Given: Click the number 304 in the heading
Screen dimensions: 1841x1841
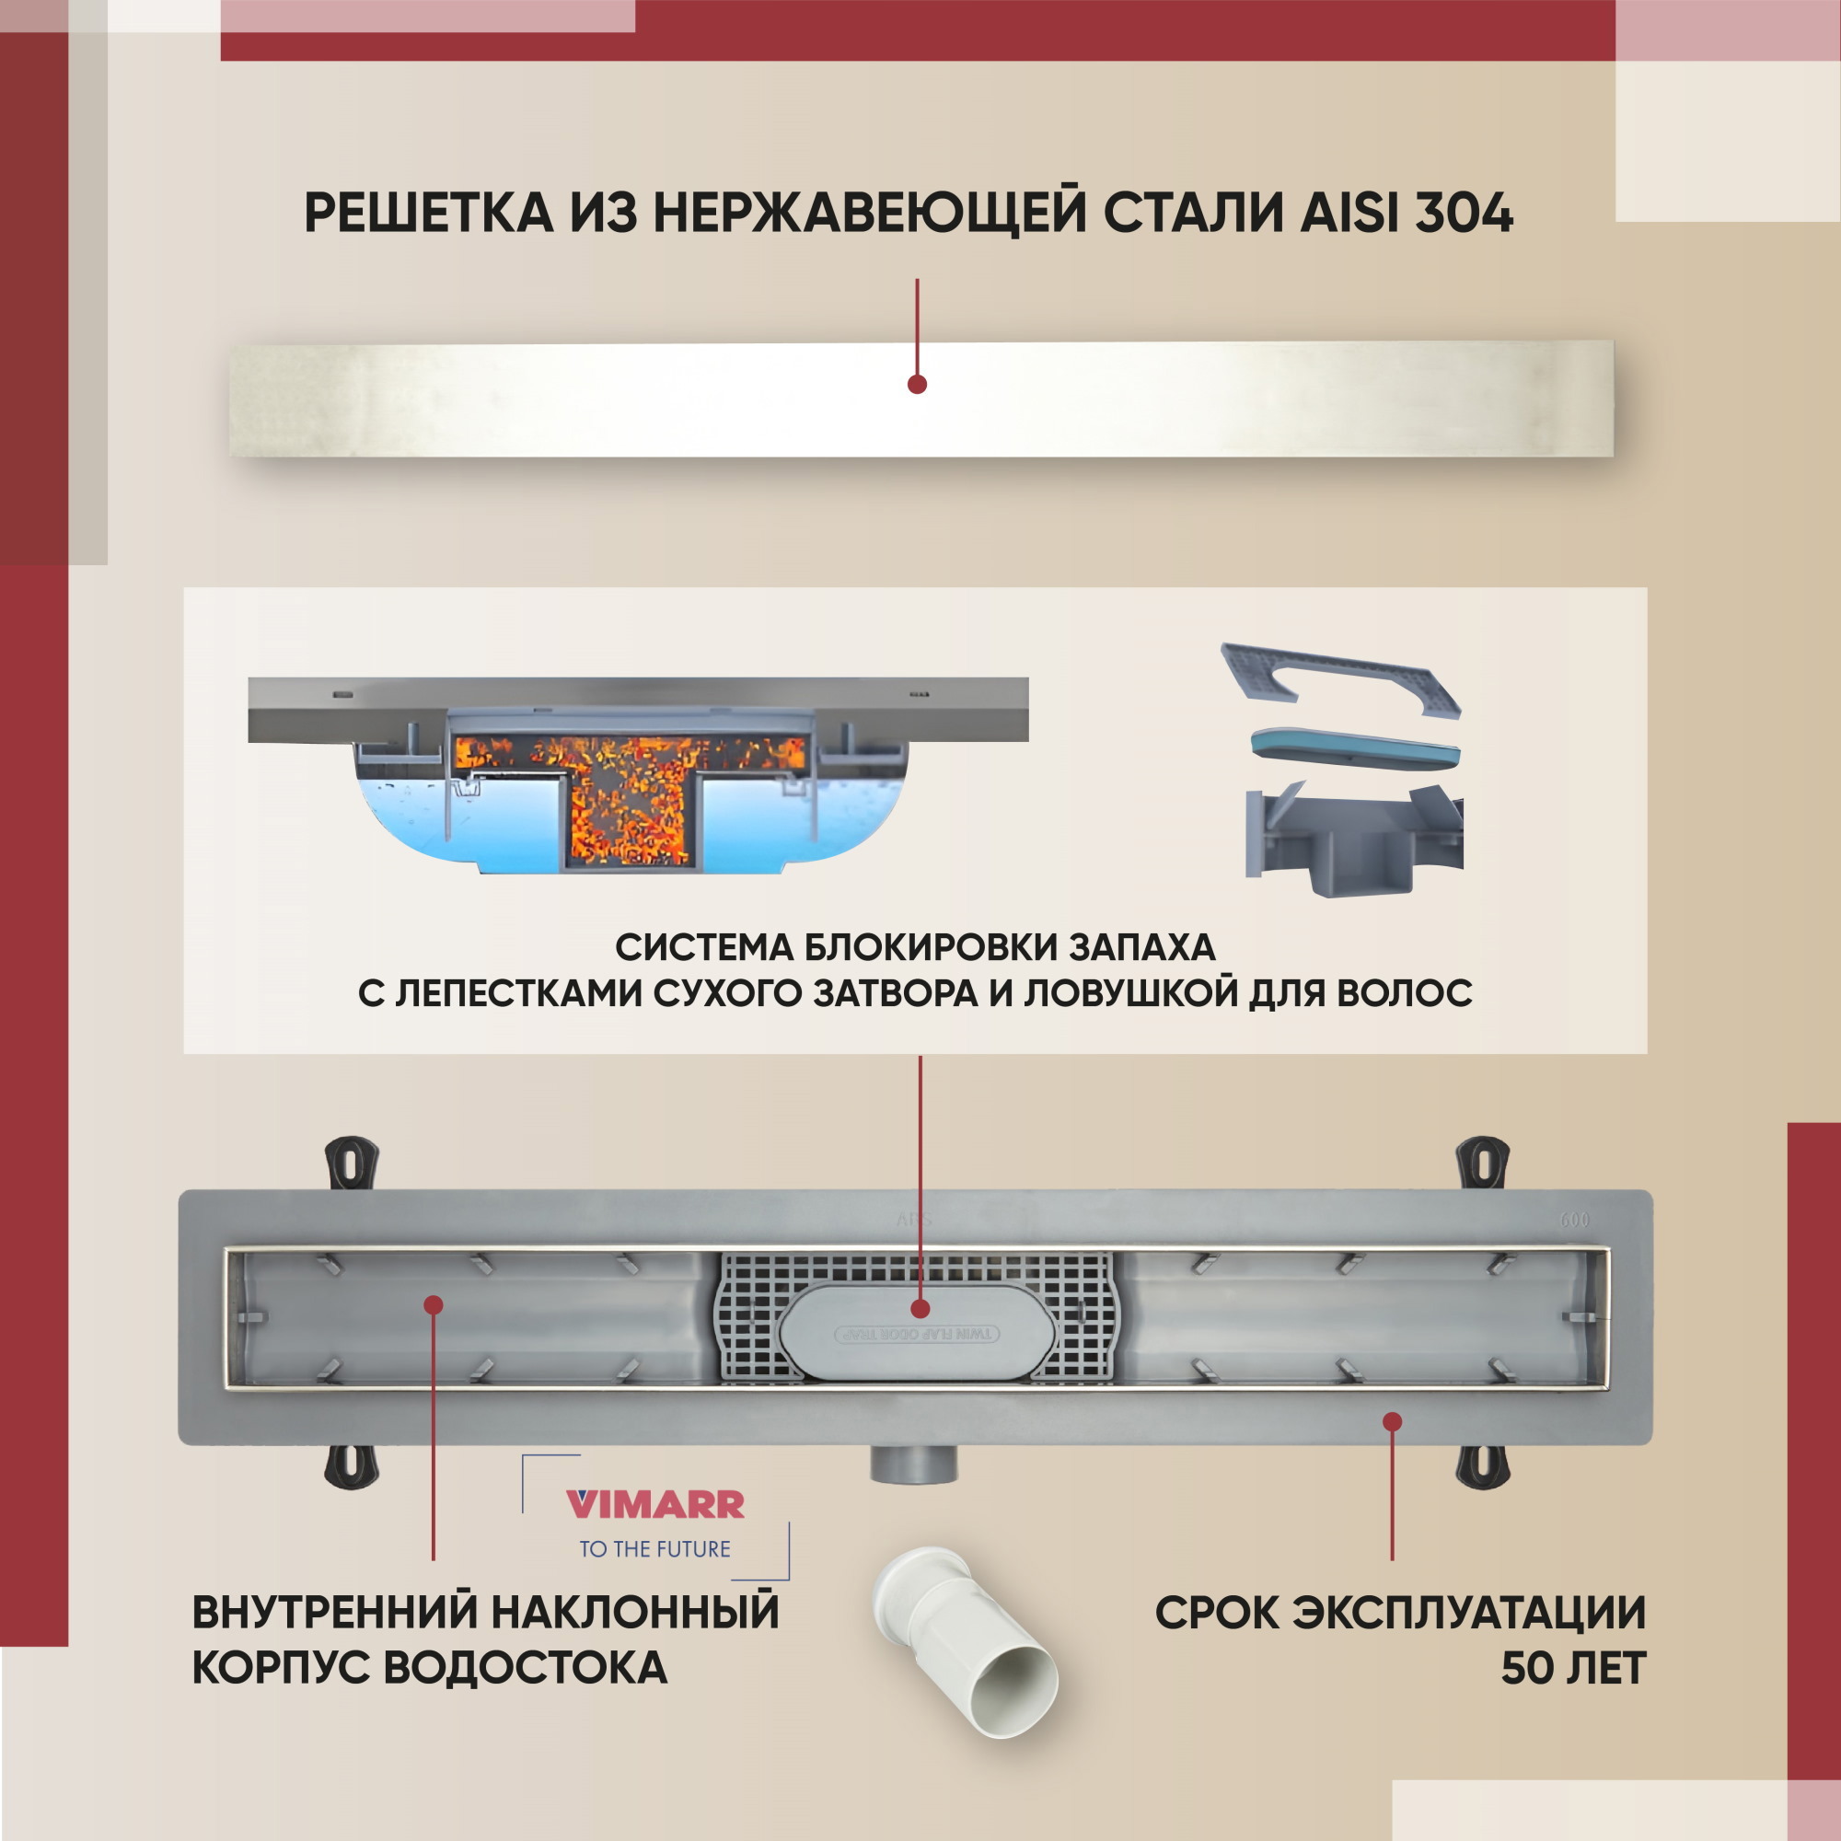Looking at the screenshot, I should (x=1464, y=213).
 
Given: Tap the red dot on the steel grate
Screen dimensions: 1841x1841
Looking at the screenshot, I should (x=917, y=385).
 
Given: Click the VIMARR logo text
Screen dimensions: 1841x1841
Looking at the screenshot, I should (x=655, y=1505).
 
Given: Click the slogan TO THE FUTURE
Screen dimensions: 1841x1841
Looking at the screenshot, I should (x=654, y=1549).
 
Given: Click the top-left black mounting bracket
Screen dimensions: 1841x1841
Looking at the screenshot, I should (x=353, y=1162).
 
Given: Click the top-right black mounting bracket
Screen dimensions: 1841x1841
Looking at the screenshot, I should (x=1483, y=1162).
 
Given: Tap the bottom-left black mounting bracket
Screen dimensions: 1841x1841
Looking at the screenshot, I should (x=353, y=1465).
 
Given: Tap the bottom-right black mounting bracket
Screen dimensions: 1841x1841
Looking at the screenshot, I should (x=1483, y=1465).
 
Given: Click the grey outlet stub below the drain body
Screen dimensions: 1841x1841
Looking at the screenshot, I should (x=914, y=1464).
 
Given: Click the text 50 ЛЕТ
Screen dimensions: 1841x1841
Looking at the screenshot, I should (x=1573, y=1669).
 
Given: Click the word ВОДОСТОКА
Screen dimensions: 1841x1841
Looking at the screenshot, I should (x=526, y=1669).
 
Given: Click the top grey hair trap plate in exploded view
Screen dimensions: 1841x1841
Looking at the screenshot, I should (x=1342, y=679).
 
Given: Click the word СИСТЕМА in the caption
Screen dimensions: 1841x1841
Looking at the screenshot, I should (x=703, y=947).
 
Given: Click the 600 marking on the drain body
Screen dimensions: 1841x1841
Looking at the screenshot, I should (x=1574, y=1220).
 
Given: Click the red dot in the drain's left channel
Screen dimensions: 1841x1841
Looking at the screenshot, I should (x=434, y=1304).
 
